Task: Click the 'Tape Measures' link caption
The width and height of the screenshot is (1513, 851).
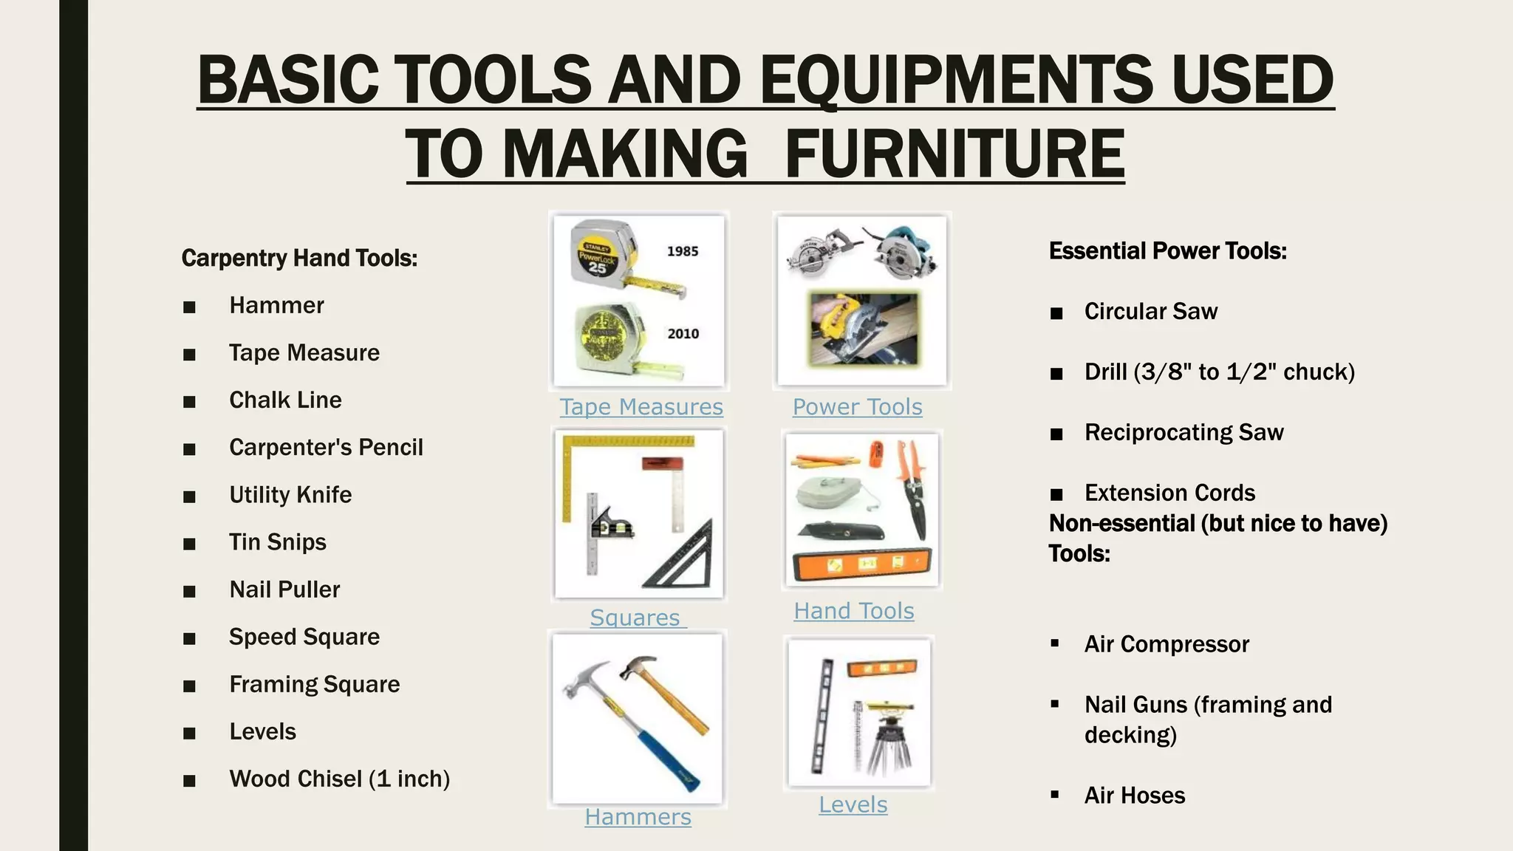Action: point(641,407)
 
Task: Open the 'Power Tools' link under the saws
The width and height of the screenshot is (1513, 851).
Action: point(857,407)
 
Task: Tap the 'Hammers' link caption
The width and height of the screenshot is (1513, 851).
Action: point(638,817)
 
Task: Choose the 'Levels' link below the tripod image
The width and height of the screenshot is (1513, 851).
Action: point(853,804)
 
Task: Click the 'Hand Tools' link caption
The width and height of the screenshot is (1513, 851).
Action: point(853,611)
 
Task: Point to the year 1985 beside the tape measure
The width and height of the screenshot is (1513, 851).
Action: point(683,251)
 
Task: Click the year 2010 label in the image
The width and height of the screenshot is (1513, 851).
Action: point(683,334)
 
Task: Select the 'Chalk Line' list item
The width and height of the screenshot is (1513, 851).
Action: point(285,400)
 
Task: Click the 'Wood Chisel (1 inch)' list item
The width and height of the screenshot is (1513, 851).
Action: point(339,779)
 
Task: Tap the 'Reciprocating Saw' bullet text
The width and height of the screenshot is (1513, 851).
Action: point(1184,433)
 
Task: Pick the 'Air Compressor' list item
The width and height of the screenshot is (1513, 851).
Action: point(1167,645)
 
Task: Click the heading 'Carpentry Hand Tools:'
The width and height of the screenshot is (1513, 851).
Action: point(299,259)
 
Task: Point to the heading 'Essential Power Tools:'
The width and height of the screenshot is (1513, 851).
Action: point(1167,251)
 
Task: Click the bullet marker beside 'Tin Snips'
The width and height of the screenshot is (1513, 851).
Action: point(190,544)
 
